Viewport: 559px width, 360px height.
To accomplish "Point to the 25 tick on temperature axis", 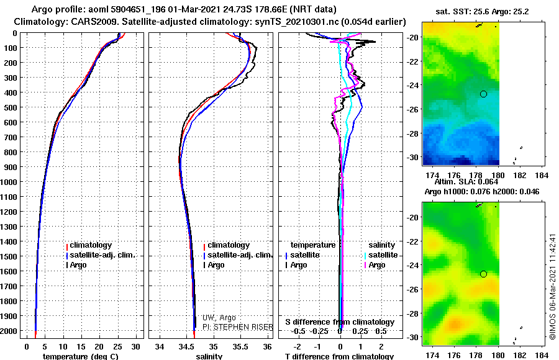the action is tap(117, 347).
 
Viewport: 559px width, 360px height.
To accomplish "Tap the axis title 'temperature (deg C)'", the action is tap(80, 356).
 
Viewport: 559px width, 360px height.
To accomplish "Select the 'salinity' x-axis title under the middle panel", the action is tap(209, 356).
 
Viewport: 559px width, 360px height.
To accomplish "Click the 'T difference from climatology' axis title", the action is tap(339, 356).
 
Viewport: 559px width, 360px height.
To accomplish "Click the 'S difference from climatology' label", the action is tap(340, 322).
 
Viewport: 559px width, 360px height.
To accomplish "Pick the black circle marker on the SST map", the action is tap(483, 94).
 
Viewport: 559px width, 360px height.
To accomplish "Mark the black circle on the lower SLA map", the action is tap(483, 274).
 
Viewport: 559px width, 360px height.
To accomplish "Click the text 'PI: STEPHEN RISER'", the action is tap(237, 327).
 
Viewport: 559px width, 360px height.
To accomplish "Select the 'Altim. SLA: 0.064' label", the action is tap(466, 182).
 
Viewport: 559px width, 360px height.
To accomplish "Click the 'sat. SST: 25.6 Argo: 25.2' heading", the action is tap(482, 12).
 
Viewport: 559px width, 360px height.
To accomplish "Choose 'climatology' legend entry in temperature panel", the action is tap(89, 245).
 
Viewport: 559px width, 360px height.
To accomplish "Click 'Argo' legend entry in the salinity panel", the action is tap(214, 265).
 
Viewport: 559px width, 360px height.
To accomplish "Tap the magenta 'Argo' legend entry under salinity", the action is tap(375, 265).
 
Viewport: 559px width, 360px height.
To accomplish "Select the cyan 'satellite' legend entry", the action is tap(381, 255).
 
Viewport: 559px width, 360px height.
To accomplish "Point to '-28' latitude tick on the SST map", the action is tap(412, 133).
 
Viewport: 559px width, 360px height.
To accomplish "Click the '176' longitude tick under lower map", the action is tap(454, 355).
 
